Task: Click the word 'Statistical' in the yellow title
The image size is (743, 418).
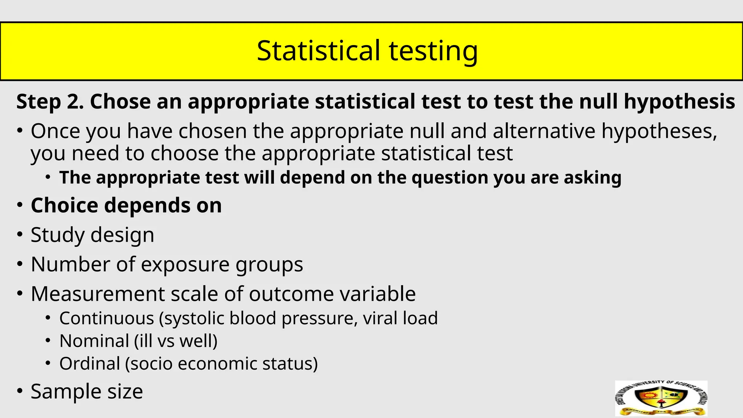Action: coord(319,50)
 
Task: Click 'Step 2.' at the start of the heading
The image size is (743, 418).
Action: coord(50,101)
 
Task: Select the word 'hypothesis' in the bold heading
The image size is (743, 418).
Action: coord(679,101)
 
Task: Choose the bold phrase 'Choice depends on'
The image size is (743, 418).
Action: coord(126,205)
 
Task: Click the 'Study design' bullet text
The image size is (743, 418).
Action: coord(93,235)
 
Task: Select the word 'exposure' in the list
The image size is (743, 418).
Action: coord(185,264)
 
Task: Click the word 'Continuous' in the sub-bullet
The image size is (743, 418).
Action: coord(107,318)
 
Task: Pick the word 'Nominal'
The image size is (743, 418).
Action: coord(94,341)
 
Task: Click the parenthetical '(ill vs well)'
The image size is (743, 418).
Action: coord(176,341)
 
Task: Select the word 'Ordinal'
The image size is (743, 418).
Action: coord(90,364)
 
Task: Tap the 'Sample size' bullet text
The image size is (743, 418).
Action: coord(87,392)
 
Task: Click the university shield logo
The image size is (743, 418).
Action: coord(661,398)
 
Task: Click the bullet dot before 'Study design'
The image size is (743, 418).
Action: coord(20,234)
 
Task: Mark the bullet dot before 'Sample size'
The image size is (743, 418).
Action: coord(20,391)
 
